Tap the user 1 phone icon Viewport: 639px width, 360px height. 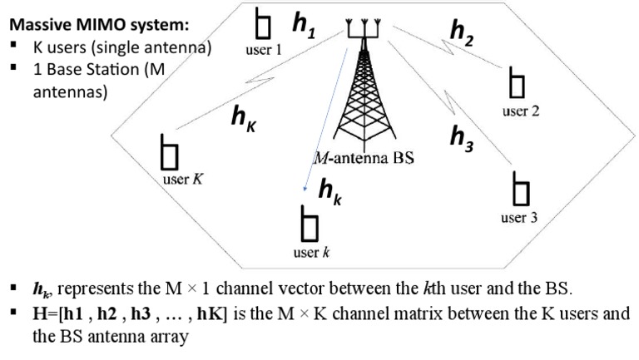(x=264, y=26)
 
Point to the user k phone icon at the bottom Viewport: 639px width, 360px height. (x=310, y=225)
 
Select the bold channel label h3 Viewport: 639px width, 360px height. (x=463, y=136)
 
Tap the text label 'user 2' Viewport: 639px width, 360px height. (x=521, y=111)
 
